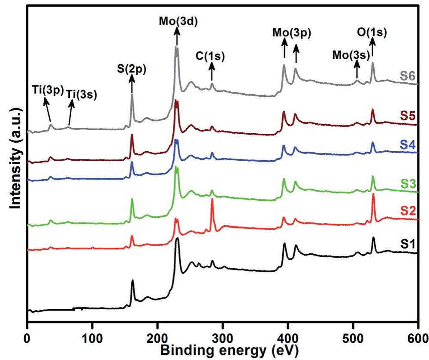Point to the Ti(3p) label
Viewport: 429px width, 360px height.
(48, 90)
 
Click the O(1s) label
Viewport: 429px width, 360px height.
(372, 32)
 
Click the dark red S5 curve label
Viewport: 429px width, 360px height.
(409, 116)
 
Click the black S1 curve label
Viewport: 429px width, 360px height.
(409, 244)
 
